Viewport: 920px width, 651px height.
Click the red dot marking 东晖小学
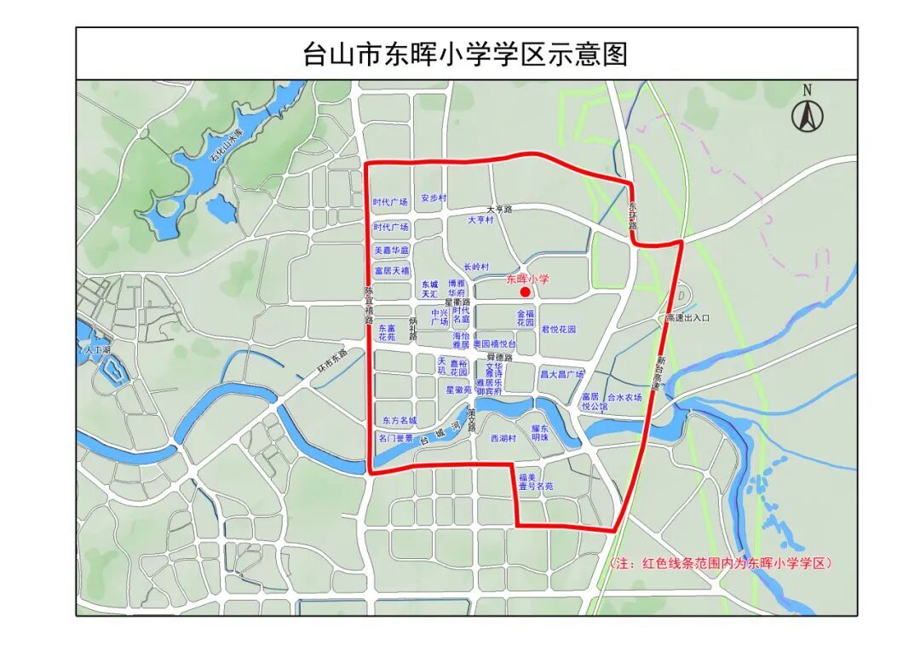click(526, 292)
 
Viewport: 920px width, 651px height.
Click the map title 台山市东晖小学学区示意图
click(465, 55)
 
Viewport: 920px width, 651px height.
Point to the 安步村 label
click(433, 198)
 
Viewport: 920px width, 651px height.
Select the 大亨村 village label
click(480, 220)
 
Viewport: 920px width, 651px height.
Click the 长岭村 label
click(476, 267)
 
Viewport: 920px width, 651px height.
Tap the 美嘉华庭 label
click(392, 251)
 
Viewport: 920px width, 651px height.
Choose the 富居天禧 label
click(392, 271)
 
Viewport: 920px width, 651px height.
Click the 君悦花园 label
click(558, 329)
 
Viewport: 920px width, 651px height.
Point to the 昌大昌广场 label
click(561, 375)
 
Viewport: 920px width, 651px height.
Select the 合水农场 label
click(624, 397)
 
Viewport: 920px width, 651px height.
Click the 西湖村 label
click(503, 438)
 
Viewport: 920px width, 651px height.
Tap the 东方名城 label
click(400, 421)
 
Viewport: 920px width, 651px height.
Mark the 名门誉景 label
click(396, 438)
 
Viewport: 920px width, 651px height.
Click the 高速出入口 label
click(687, 317)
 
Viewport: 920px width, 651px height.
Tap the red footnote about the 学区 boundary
click(721, 563)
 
